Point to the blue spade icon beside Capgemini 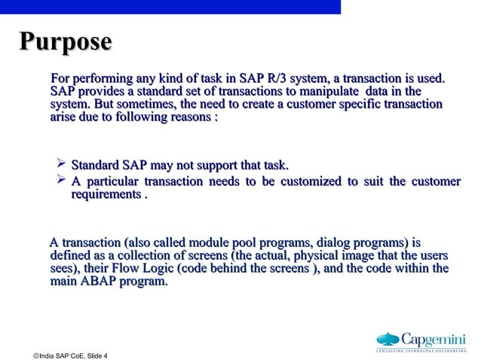[x=388, y=338]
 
